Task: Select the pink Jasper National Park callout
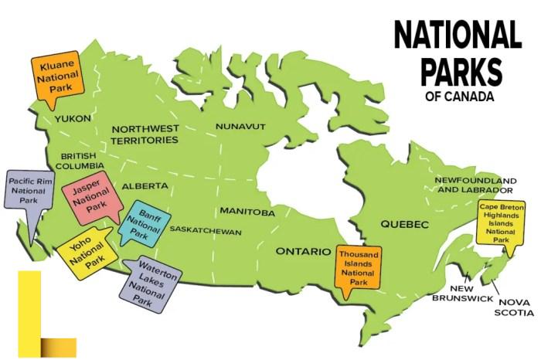(x=90, y=198)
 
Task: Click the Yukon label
(x=73, y=118)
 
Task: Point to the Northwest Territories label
(x=145, y=134)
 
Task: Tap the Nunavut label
(x=240, y=125)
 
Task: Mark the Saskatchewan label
(x=205, y=231)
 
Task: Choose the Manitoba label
(x=247, y=212)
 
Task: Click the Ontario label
(x=304, y=251)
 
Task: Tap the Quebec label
(x=403, y=223)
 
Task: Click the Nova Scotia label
(x=515, y=307)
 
